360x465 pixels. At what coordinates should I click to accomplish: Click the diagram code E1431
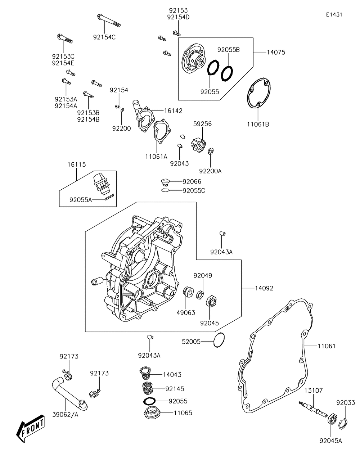click(334, 14)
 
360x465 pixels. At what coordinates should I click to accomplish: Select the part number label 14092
click(264, 288)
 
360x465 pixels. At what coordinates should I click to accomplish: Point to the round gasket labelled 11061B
click(259, 93)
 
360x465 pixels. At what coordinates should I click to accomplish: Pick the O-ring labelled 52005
click(219, 340)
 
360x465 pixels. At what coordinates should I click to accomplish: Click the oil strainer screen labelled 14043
click(145, 373)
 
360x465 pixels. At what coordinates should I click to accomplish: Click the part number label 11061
click(327, 346)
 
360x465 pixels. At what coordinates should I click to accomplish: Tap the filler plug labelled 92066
click(165, 182)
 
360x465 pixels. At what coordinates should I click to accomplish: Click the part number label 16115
click(77, 164)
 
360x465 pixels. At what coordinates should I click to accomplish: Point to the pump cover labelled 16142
click(143, 116)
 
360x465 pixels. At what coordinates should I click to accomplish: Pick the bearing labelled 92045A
click(332, 419)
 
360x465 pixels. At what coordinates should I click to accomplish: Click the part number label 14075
click(276, 52)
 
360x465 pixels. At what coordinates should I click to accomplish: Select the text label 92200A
click(210, 171)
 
